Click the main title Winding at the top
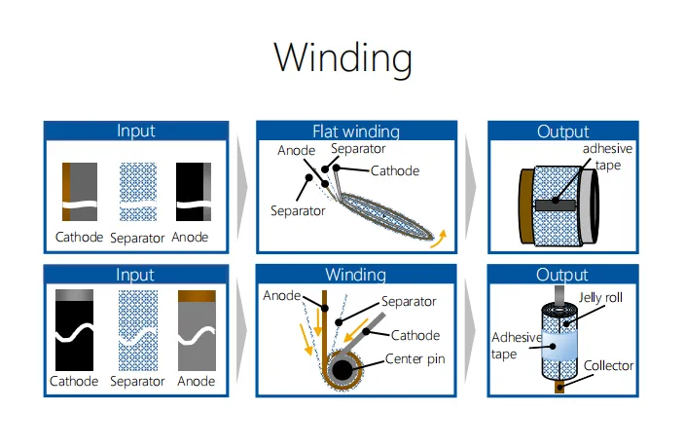[x=342, y=58]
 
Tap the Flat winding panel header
[x=356, y=131]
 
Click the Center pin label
[x=415, y=358]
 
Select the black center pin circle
[x=342, y=370]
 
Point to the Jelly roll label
[x=600, y=297]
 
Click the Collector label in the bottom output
[x=608, y=365]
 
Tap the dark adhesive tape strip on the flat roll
[x=556, y=205]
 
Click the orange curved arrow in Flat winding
[x=439, y=239]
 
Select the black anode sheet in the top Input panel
[x=194, y=192]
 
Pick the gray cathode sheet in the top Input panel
[x=80, y=192]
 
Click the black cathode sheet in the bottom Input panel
[x=74, y=329]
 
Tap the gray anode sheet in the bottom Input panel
[x=197, y=330]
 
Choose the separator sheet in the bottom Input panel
[x=138, y=330]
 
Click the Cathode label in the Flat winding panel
[x=395, y=170]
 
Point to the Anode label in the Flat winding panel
[x=296, y=150]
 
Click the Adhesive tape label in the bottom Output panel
[x=516, y=346]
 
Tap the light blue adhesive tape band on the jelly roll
[x=559, y=346]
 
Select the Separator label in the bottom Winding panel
[x=409, y=301]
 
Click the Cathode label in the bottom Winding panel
[x=415, y=335]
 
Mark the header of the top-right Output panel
[x=563, y=131]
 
